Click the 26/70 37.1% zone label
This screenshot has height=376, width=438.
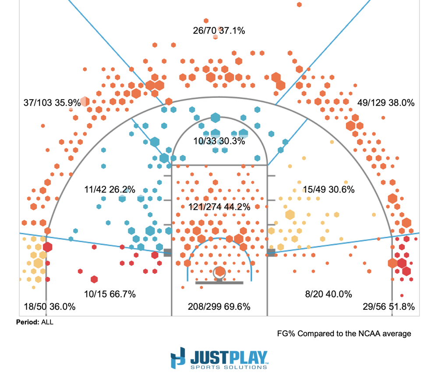coord(219,31)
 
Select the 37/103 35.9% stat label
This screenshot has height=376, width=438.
coord(52,103)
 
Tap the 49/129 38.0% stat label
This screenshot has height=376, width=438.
coord(385,103)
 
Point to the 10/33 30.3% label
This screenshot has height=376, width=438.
coord(219,141)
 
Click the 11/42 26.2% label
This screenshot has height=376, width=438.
coord(109,190)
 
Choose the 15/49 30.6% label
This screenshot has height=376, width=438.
coord(328,190)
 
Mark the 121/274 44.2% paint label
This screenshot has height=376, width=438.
coord(219,206)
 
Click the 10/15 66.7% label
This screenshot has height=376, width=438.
coord(109,294)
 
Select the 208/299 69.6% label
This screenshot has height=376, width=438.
coord(219,307)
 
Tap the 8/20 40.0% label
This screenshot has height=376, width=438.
coord(328,294)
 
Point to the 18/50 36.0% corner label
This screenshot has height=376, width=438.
coord(49,307)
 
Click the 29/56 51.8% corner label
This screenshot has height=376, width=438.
coord(389,307)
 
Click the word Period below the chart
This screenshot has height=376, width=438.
coord(28,322)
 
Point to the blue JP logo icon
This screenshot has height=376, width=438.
coord(178,358)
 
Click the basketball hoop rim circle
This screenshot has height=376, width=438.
coord(219,272)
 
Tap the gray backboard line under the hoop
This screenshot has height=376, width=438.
coord(219,283)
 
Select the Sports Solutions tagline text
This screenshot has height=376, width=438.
coord(228,366)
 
